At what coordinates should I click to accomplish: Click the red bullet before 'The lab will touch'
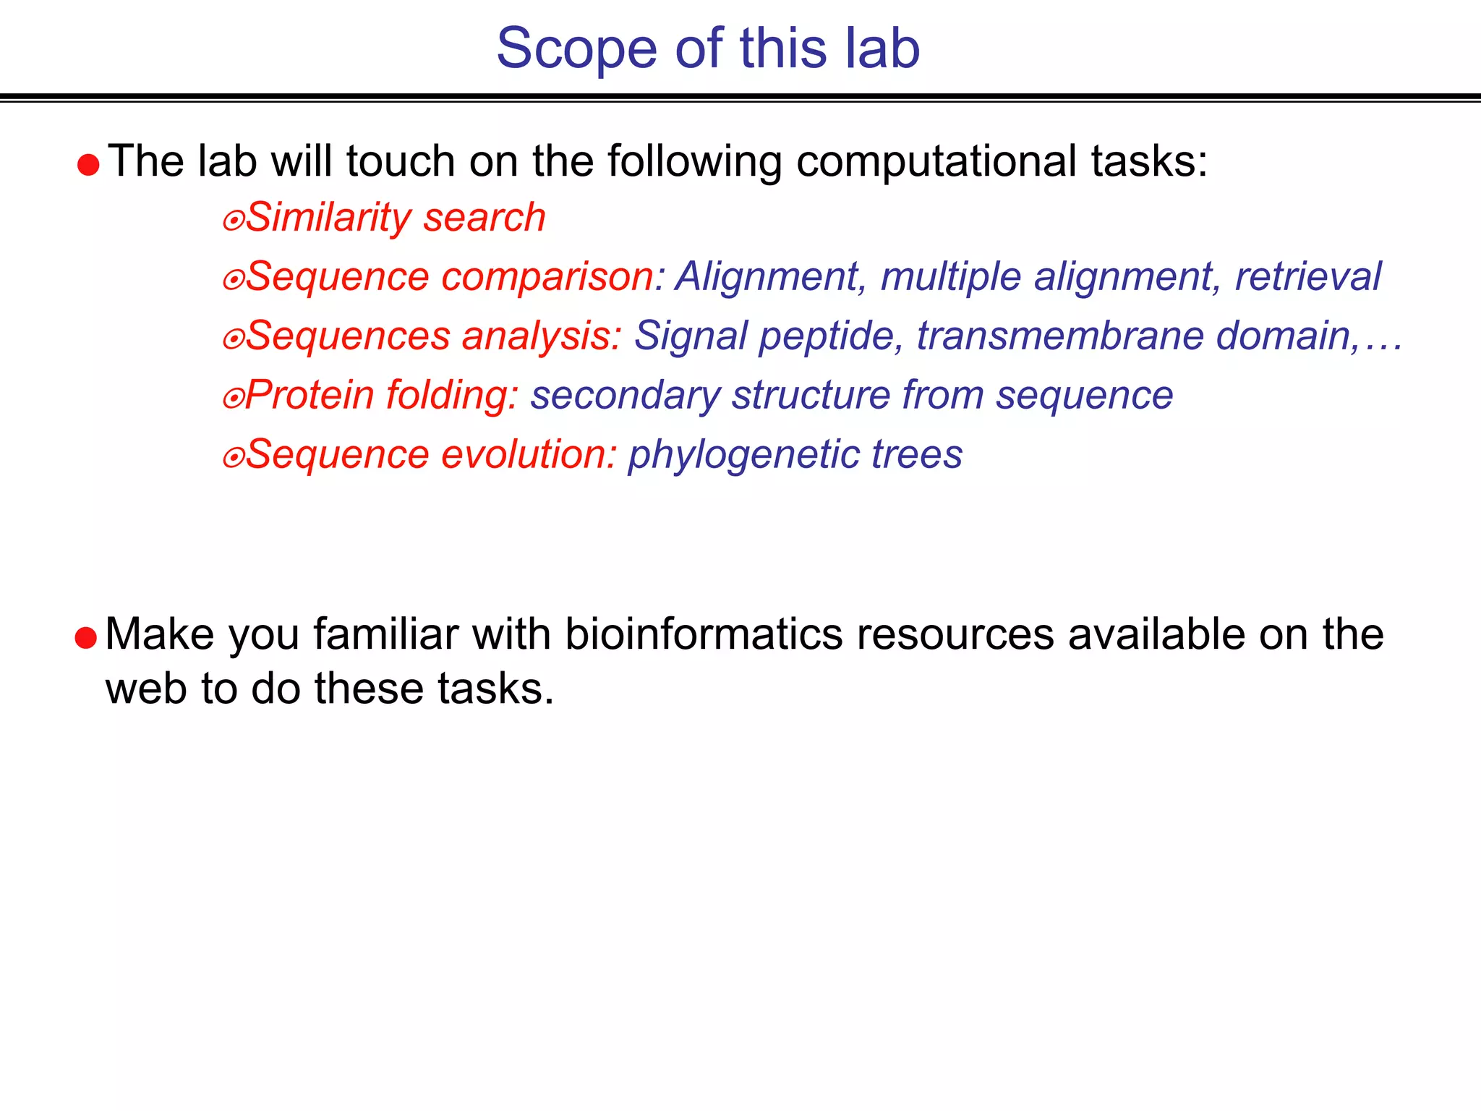click(88, 165)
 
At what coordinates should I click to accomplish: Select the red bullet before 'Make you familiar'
click(85, 638)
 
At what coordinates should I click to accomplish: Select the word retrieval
click(1307, 276)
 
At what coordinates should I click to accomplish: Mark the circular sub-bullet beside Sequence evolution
click(233, 458)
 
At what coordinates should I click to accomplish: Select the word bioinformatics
click(704, 635)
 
